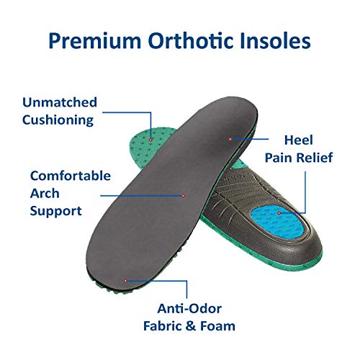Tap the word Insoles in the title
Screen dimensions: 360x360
(x=280, y=40)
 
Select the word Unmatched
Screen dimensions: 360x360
(x=60, y=103)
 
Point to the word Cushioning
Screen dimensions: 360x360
(x=58, y=120)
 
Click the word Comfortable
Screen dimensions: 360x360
(x=70, y=175)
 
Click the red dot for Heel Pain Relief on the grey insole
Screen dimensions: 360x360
(x=230, y=139)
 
